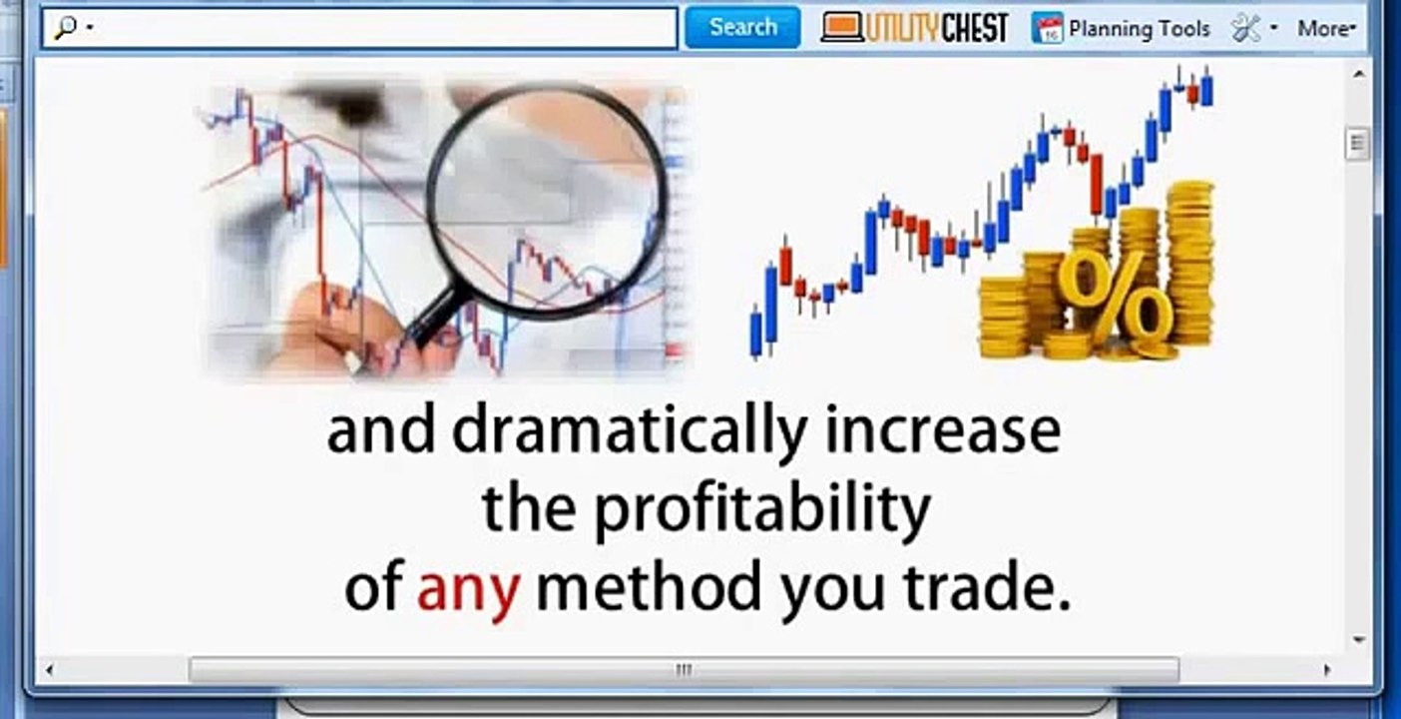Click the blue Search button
coord(742,27)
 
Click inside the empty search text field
coord(379,28)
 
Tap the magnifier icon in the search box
coord(66,28)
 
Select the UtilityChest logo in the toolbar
coord(914,28)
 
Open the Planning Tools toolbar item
coord(1139,28)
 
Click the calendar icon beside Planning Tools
coord(1047,28)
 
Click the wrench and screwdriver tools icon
coord(1246,28)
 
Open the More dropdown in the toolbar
coord(1326,28)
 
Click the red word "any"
coord(468,588)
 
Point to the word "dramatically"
coord(629,430)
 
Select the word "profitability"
coord(762,509)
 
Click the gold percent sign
coord(1115,295)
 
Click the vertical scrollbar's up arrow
coord(1358,74)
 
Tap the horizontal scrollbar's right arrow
coord(1326,669)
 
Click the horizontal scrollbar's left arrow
coord(50,669)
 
